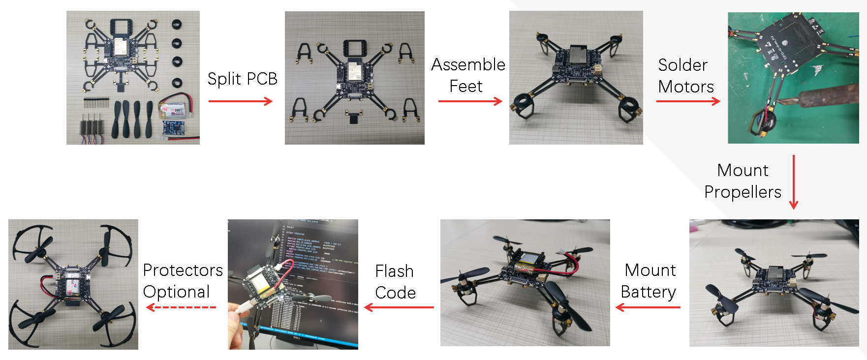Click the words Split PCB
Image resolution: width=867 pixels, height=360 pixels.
[x=242, y=79]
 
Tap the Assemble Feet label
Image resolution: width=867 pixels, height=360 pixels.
[x=467, y=75]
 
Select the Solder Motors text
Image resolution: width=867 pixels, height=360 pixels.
[x=685, y=76]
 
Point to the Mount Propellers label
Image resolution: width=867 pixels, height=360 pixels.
[x=743, y=181]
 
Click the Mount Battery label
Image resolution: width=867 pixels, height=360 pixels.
[x=649, y=281]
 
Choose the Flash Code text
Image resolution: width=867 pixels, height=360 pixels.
[x=395, y=282]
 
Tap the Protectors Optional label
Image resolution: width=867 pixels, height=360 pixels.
[x=183, y=281]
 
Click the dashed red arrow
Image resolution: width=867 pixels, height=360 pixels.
[x=181, y=308]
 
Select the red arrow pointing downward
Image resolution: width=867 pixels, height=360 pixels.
[x=793, y=182]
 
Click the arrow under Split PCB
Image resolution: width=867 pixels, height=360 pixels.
[x=240, y=101]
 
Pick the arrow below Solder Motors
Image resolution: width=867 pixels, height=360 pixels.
[x=688, y=101]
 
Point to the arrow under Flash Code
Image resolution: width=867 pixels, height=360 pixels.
[x=399, y=308]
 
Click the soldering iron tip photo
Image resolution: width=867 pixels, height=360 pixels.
[x=793, y=78]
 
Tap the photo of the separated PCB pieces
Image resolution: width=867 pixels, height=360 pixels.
[x=354, y=78]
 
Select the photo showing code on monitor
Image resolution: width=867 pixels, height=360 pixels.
[x=293, y=284]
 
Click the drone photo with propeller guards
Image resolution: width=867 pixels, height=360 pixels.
[x=73, y=284]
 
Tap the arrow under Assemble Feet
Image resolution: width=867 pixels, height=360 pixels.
[x=470, y=101]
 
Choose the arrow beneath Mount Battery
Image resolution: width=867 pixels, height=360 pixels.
[x=648, y=308]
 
